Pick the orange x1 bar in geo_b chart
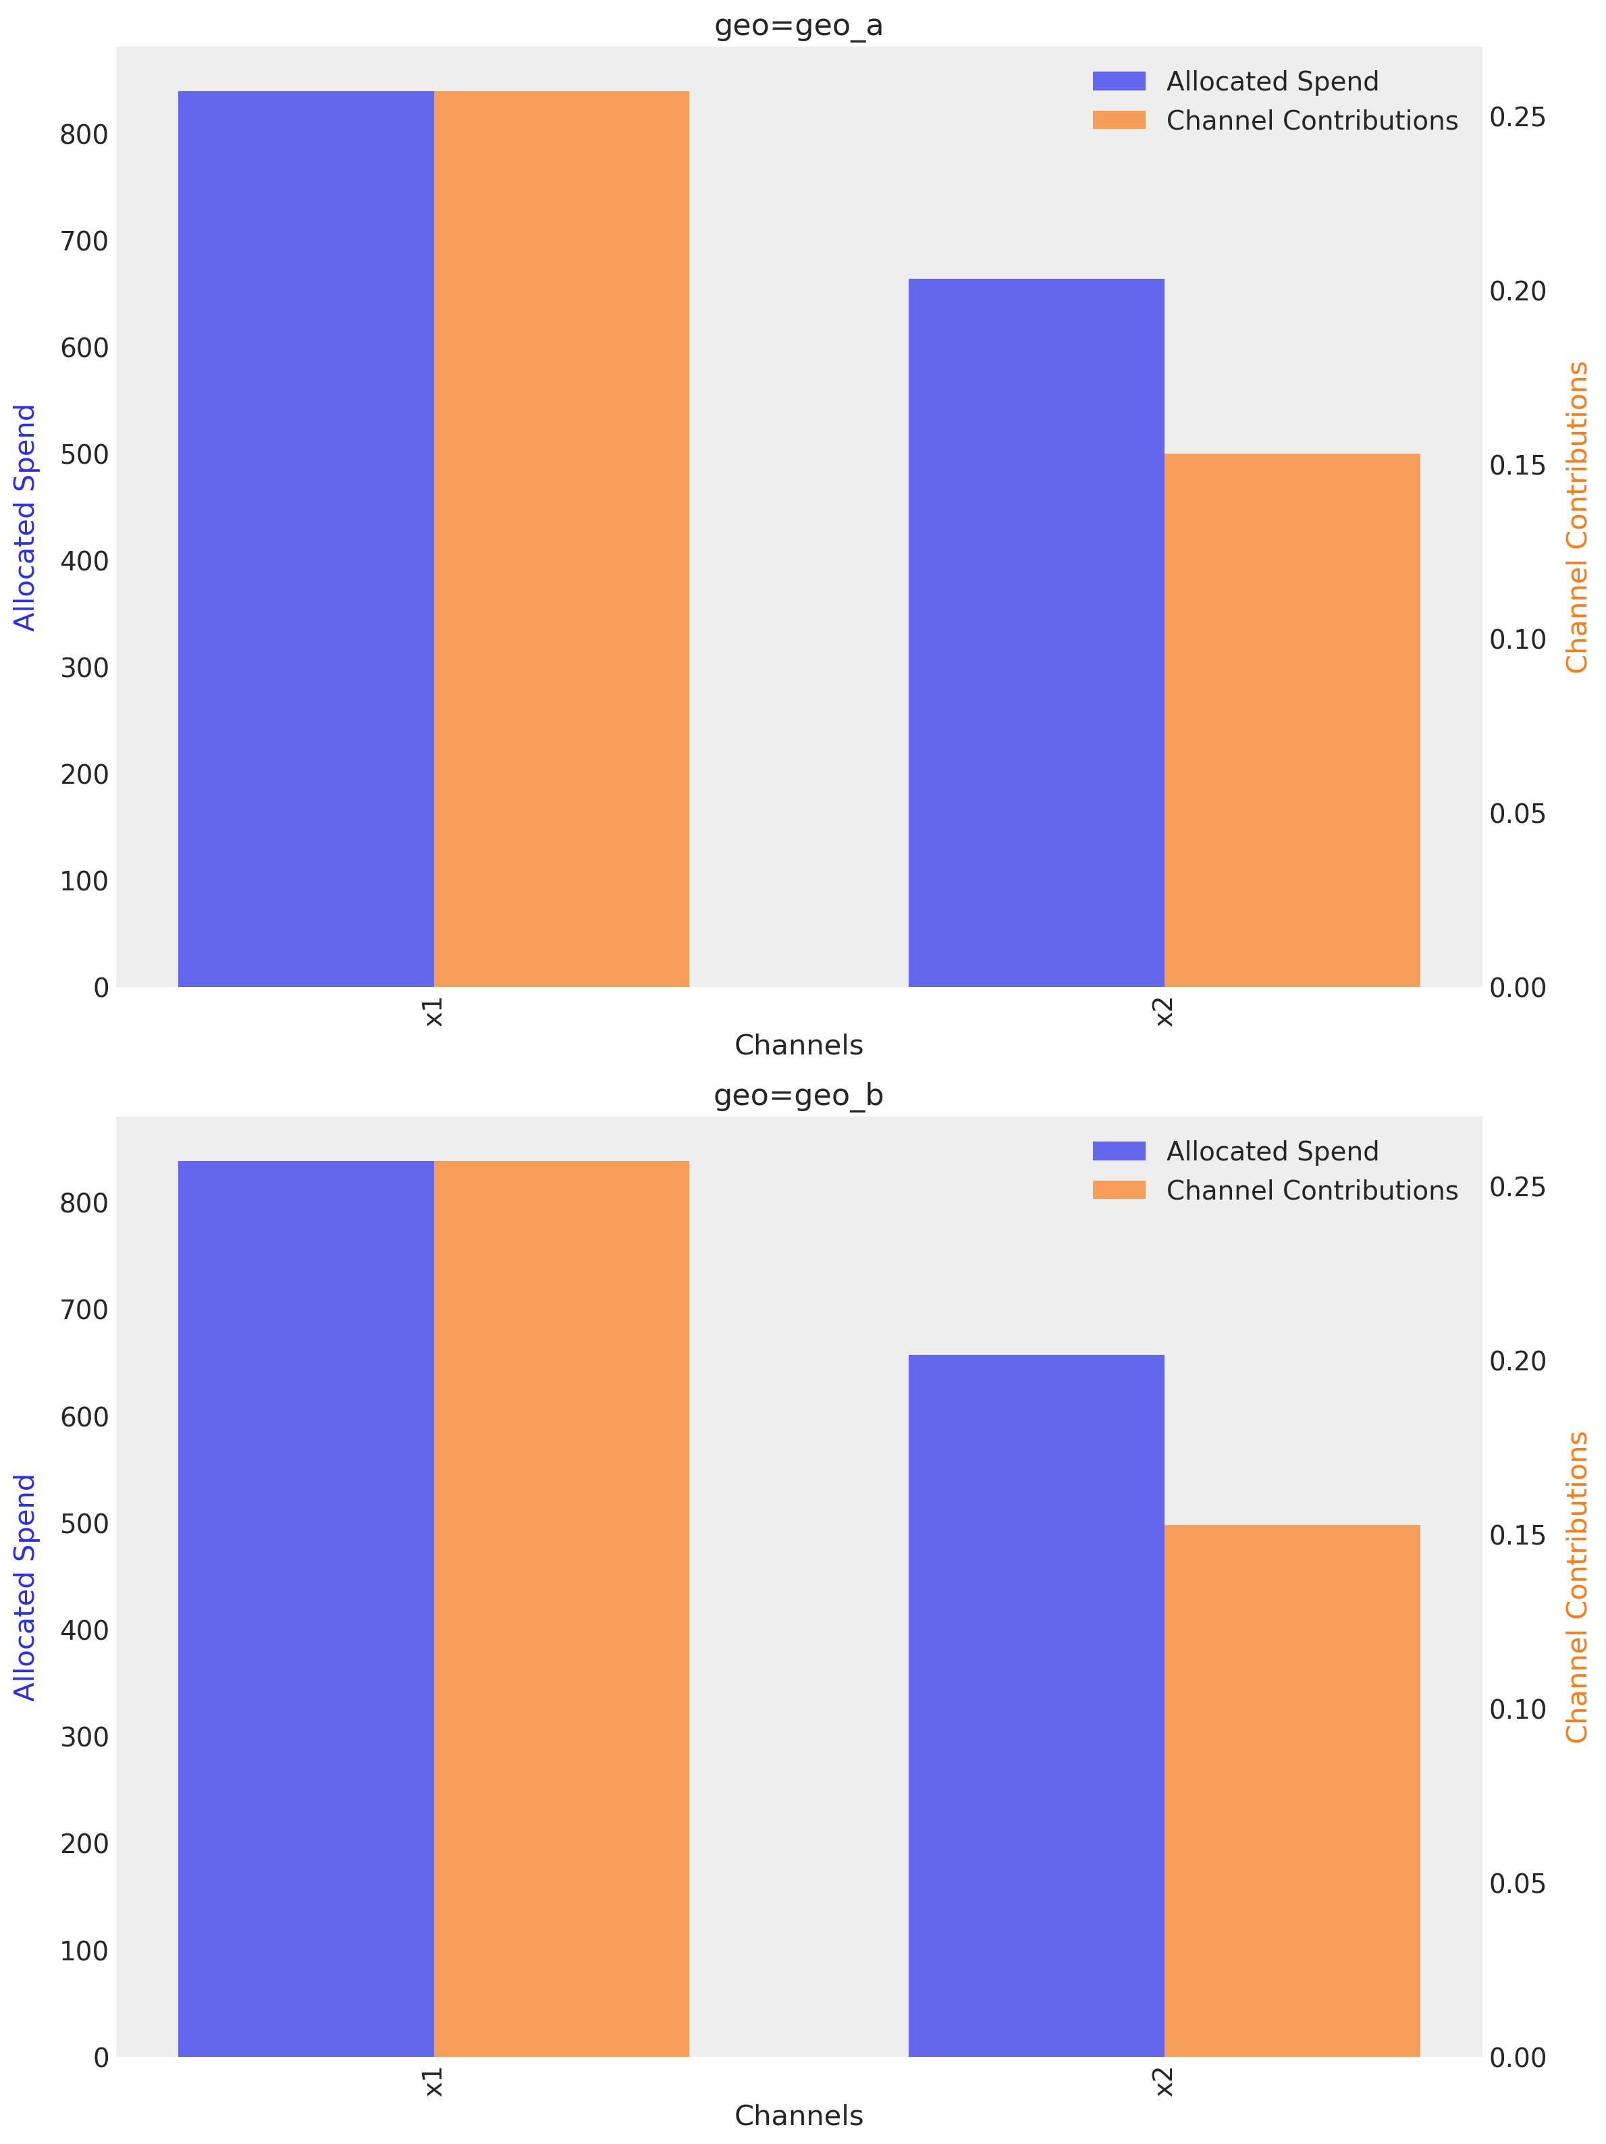561,1608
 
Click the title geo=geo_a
799,25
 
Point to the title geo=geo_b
799,1095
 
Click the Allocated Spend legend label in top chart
1272,82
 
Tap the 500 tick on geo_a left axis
84,454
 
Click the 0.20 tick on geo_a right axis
1517,291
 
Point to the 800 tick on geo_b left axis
84,1203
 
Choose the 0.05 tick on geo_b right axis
1517,1883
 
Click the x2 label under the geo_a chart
1164,1012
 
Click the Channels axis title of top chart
799,1045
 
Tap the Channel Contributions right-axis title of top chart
1578,516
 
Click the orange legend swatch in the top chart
1119,120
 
